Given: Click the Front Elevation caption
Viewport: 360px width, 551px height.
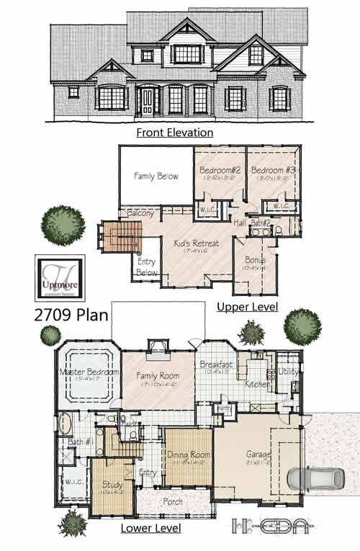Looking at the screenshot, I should (176, 133).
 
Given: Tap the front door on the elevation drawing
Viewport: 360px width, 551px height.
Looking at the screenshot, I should (148, 101).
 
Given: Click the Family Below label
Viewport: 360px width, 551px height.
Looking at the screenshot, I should (156, 176).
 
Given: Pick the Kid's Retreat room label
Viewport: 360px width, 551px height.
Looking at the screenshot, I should (196, 244).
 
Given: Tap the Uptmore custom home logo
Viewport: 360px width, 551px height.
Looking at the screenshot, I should (60, 278).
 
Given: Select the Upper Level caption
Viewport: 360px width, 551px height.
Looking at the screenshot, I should (243, 308).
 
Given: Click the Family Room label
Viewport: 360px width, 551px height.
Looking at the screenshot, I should (158, 375).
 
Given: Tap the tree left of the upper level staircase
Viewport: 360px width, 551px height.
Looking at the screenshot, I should (64, 224).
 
